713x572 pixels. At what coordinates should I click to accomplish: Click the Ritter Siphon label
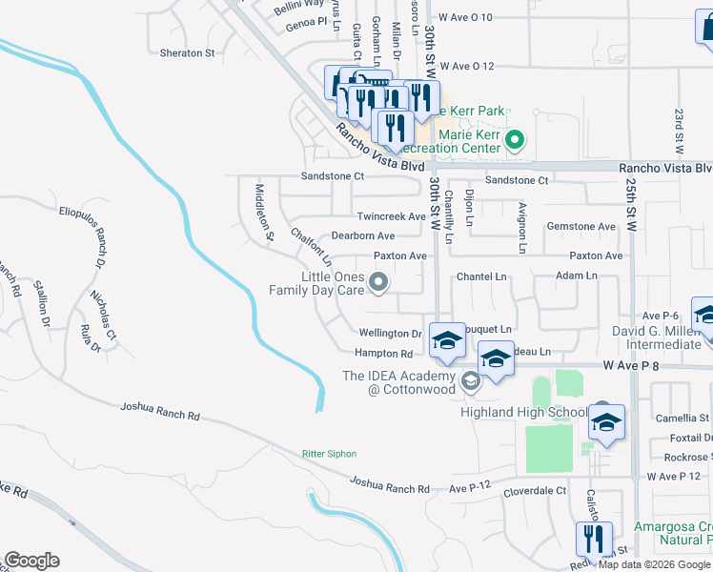[x=327, y=454]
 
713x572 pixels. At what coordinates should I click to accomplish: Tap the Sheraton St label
[x=188, y=53]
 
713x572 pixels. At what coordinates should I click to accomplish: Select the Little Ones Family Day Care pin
[x=379, y=281]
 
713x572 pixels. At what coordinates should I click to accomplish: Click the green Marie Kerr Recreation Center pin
[x=515, y=142]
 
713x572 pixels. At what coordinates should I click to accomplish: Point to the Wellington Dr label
[x=390, y=334]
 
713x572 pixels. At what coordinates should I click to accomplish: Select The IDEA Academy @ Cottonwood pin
[x=469, y=382]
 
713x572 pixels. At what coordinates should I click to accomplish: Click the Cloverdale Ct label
[x=535, y=491]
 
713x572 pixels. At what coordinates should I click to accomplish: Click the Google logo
[x=31, y=561]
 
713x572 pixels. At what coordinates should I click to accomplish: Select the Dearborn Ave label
[x=362, y=235]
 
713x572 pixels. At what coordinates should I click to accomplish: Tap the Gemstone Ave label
[x=581, y=227]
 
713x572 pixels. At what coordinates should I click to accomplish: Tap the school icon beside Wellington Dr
[x=447, y=340]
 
